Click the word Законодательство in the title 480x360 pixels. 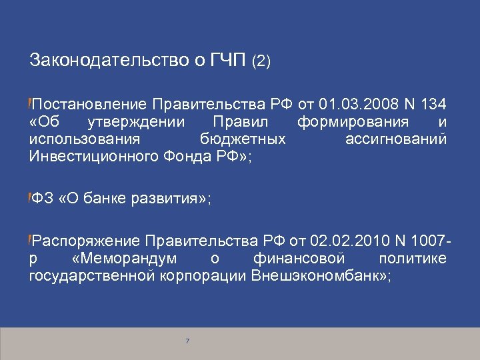coord(104,61)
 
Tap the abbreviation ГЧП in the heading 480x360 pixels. coord(227,61)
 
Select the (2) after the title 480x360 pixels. coord(261,62)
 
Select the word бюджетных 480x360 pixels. coord(243,139)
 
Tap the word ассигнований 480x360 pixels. coord(396,139)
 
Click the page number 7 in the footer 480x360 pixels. coord(187,341)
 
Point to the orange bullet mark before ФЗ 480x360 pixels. coord(30,197)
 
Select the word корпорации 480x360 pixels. coord(203,275)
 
